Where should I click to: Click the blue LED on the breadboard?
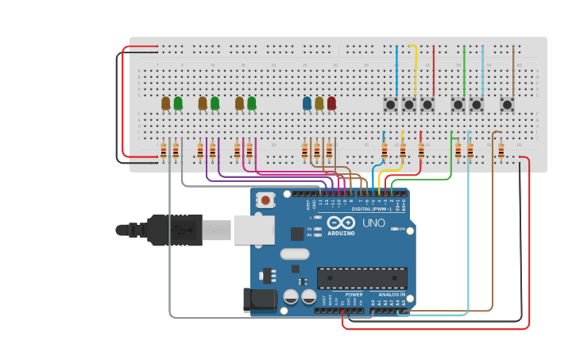coord(307,103)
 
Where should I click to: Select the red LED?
coord(331,103)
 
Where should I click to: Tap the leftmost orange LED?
coord(165,103)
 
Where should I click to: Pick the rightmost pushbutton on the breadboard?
coord(506,104)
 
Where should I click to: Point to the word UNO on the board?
coord(373,223)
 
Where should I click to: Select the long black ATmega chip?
coord(361,277)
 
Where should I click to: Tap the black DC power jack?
coord(259,300)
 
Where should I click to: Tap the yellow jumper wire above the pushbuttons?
coord(414,68)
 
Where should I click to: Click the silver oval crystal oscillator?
coord(294,254)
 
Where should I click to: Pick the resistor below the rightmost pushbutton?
coord(501,150)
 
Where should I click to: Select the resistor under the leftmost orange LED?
coord(164,150)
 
